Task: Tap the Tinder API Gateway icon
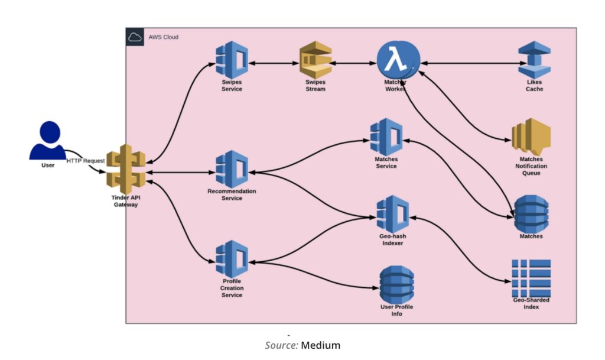pyautogui.click(x=126, y=168)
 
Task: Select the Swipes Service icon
pyautogui.click(x=232, y=61)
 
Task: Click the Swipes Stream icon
pyautogui.click(x=315, y=61)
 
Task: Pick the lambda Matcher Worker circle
pyautogui.click(x=398, y=61)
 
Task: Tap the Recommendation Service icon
pyautogui.click(x=232, y=170)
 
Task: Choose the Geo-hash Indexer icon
pyautogui.click(x=393, y=214)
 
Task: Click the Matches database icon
pyautogui.click(x=531, y=213)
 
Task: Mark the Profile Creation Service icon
pyautogui.click(x=232, y=259)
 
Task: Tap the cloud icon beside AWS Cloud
pyautogui.click(x=135, y=37)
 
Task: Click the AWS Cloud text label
pyautogui.click(x=164, y=37)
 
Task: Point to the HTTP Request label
pyautogui.click(x=86, y=161)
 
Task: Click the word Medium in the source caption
pyautogui.click(x=321, y=345)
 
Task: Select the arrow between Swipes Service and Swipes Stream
pyautogui.click(x=275, y=62)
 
